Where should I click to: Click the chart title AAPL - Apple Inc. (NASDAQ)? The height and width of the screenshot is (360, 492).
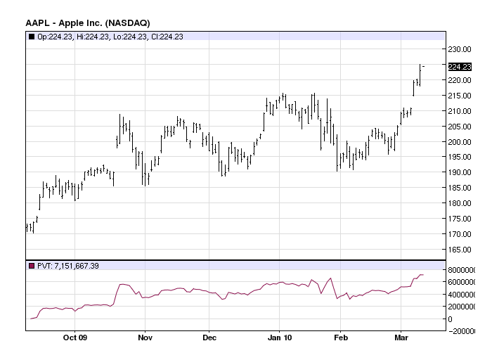pyautogui.click(x=88, y=23)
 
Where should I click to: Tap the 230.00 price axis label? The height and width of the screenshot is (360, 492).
pyautogui.click(x=460, y=49)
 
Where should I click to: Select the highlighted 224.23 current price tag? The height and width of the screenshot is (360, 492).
pyautogui.click(x=460, y=67)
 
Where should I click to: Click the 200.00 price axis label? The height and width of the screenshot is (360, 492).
pyautogui.click(x=460, y=142)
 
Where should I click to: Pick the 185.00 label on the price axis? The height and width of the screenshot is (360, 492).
pyautogui.click(x=460, y=188)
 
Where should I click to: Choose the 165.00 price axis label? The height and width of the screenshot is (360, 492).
pyautogui.click(x=460, y=250)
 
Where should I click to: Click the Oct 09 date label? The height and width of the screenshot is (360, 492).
pyautogui.click(x=75, y=337)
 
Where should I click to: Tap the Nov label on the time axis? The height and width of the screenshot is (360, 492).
pyautogui.click(x=145, y=337)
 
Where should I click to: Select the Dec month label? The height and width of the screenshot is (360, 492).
pyautogui.click(x=209, y=337)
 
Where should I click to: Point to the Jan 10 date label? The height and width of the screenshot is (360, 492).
pyautogui.click(x=280, y=337)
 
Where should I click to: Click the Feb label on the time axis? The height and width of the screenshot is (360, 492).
pyautogui.click(x=341, y=337)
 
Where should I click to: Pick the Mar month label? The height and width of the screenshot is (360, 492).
pyautogui.click(x=401, y=337)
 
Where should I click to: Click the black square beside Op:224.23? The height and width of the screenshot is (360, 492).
pyautogui.click(x=32, y=37)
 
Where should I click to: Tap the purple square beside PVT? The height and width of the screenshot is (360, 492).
pyautogui.click(x=32, y=266)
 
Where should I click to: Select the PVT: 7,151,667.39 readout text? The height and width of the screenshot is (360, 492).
pyautogui.click(x=68, y=266)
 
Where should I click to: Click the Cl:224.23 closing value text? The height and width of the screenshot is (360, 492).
pyautogui.click(x=167, y=37)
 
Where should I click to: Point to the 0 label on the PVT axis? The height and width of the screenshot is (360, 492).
pyautogui.click(x=451, y=319)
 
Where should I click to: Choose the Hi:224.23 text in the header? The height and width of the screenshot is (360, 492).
pyautogui.click(x=93, y=37)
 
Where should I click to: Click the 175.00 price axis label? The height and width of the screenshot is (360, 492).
pyautogui.click(x=460, y=219)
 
